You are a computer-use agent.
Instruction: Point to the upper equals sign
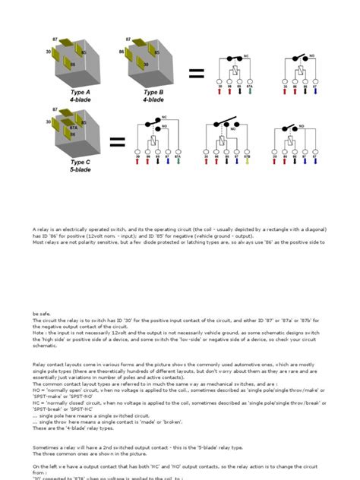pyautogui.click(x=197, y=73)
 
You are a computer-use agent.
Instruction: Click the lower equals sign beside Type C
pyautogui.click(x=117, y=142)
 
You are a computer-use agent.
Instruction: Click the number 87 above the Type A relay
pyautogui.click(x=55, y=38)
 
